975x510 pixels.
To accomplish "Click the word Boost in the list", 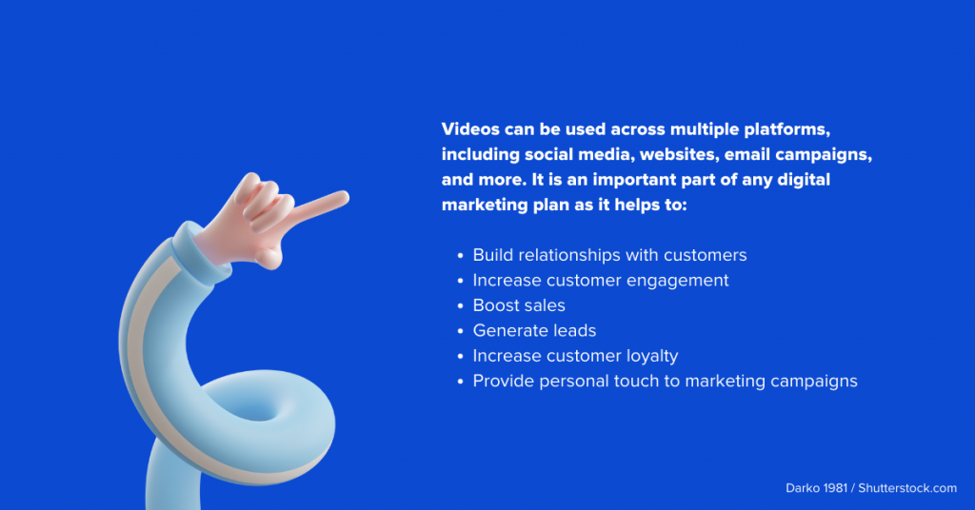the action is pyautogui.click(x=495, y=305).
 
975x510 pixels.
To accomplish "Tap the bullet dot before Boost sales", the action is pyautogui.click(x=460, y=306).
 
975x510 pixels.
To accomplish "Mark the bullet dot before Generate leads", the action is pyautogui.click(x=460, y=331).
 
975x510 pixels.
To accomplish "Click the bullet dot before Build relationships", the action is pyautogui.click(x=460, y=255).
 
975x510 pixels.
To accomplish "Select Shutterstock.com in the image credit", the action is pyautogui.click(x=907, y=488).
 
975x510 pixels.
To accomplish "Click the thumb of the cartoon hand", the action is pyautogui.click(x=270, y=257).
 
